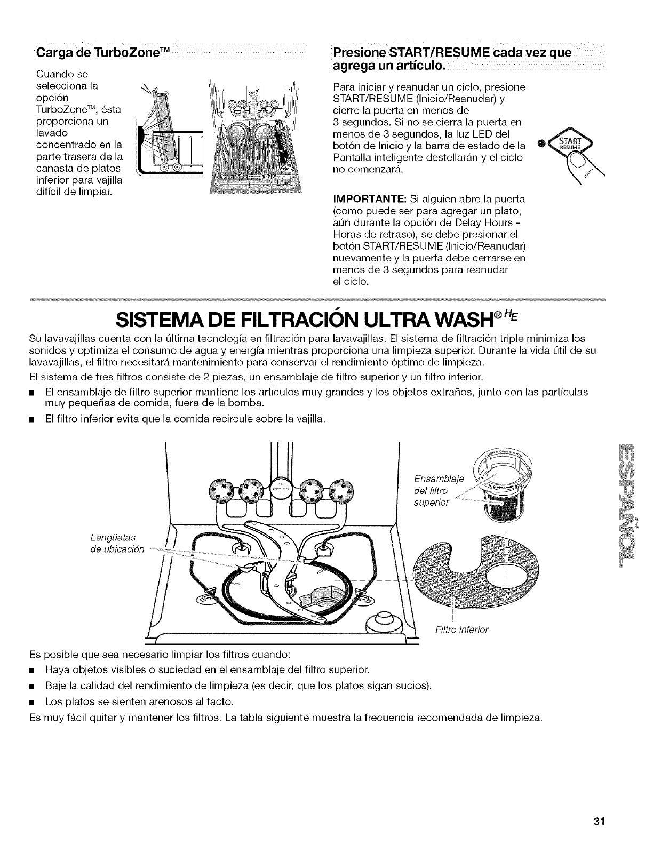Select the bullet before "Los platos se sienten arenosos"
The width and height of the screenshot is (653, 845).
click(33, 700)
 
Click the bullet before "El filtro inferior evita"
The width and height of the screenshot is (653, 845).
click(33, 420)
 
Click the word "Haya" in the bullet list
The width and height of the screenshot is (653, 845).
click(58, 669)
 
